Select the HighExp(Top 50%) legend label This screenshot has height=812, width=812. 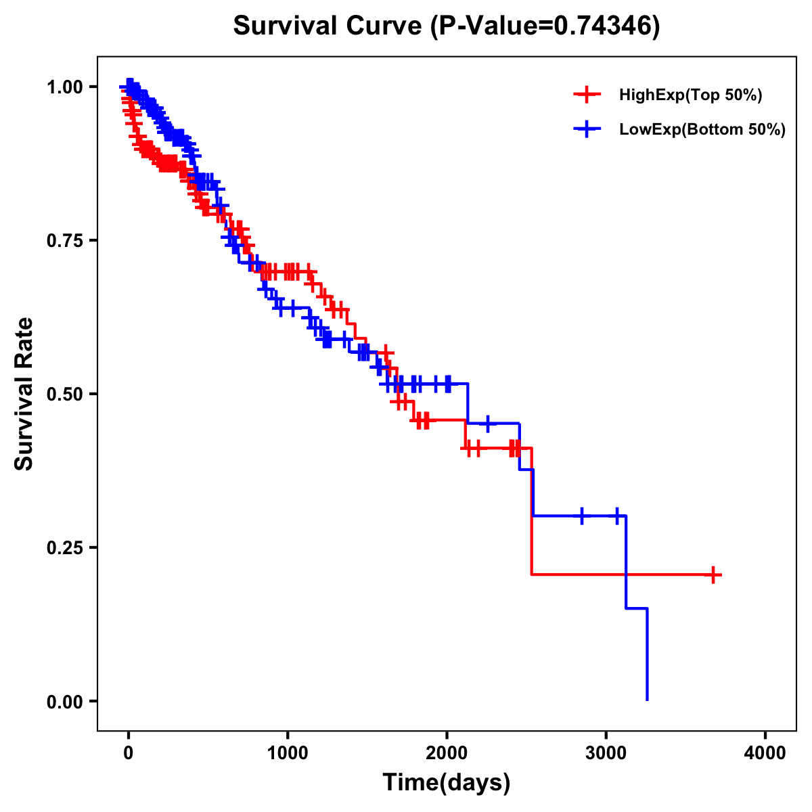(691, 95)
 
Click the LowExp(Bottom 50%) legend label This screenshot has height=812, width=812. (702, 129)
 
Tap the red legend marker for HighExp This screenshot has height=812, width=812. (587, 95)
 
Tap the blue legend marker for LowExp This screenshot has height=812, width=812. (587, 129)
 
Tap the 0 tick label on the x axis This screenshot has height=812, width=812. (129, 754)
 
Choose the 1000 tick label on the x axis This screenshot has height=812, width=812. (288, 754)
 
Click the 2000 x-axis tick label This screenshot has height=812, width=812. (447, 754)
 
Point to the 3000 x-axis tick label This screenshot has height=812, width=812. (606, 754)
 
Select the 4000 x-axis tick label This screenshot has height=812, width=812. (765, 754)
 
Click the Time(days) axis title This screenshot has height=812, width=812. (447, 783)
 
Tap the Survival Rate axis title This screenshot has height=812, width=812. (24, 394)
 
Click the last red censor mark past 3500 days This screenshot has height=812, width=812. (713, 574)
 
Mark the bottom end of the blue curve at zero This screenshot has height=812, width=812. (648, 699)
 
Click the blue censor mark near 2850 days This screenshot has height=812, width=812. (581, 516)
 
